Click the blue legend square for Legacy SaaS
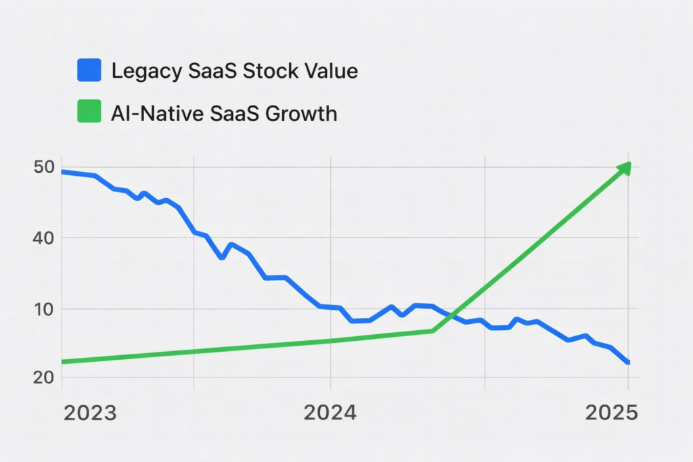(89, 70)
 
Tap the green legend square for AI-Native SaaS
(89, 112)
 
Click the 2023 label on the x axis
(90, 413)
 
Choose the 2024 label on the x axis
(330, 413)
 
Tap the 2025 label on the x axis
(611, 413)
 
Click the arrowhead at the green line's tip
(625, 168)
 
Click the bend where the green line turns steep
(433, 331)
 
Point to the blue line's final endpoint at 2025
(628, 363)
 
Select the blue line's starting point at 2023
(62, 172)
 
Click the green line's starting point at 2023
(62, 362)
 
